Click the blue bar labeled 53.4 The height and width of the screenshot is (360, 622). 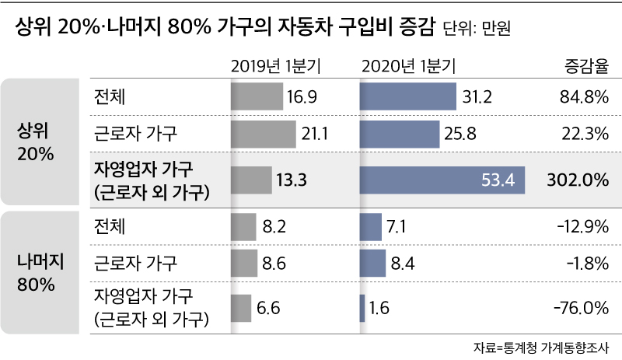442,180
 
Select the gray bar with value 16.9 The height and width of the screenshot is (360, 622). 257,96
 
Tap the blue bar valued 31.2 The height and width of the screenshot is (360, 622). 407,96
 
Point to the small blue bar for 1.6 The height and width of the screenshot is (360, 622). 362,308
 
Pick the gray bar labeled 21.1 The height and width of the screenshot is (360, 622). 264,135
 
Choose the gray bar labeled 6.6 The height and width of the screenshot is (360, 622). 241,308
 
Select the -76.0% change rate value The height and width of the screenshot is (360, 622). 579,308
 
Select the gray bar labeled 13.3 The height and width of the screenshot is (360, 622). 250,180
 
